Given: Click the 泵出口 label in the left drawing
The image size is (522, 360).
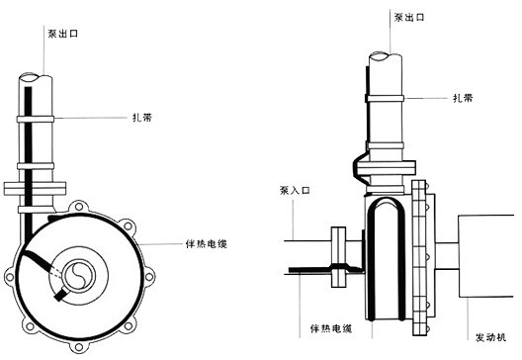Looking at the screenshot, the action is (63, 34).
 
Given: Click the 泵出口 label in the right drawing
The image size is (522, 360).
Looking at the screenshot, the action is (409, 18).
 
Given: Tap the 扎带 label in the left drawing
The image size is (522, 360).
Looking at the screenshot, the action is (142, 118).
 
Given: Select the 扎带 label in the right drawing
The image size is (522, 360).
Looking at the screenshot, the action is (463, 98).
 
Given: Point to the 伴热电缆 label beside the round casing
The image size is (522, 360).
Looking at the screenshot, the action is (207, 244).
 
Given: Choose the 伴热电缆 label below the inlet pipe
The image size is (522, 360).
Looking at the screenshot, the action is (331, 328).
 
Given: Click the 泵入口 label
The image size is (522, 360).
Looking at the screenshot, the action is (295, 191).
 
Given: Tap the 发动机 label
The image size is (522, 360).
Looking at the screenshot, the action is (491, 337).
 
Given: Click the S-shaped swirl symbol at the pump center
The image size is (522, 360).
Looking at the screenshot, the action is (79, 276).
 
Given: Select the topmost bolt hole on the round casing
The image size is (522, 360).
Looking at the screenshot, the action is (78, 207).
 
